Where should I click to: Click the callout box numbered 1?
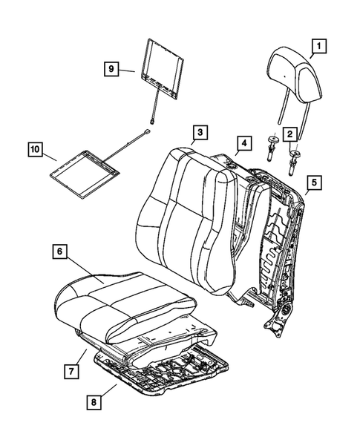[x=318, y=49]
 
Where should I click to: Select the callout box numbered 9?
[x=111, y=68]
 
